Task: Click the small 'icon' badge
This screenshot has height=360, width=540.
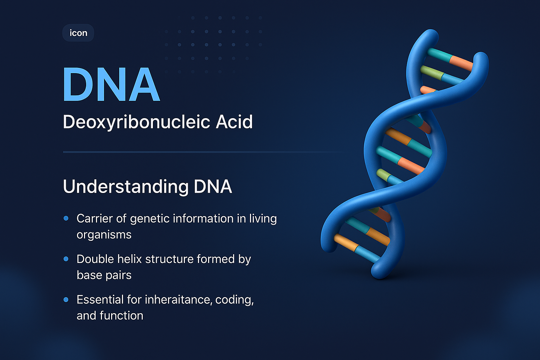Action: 78,33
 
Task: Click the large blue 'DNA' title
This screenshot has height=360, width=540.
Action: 111,85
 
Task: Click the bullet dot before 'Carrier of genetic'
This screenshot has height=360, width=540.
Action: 66,218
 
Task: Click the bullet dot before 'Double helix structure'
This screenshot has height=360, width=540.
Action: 66,259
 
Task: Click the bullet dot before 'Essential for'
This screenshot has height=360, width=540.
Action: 66,300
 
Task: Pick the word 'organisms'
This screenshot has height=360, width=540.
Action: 104,235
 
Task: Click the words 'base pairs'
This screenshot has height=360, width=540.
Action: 104,275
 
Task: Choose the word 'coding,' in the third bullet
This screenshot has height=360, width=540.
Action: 234,300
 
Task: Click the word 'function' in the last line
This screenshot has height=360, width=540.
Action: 121,316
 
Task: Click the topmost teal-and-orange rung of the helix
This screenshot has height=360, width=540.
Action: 450,58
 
